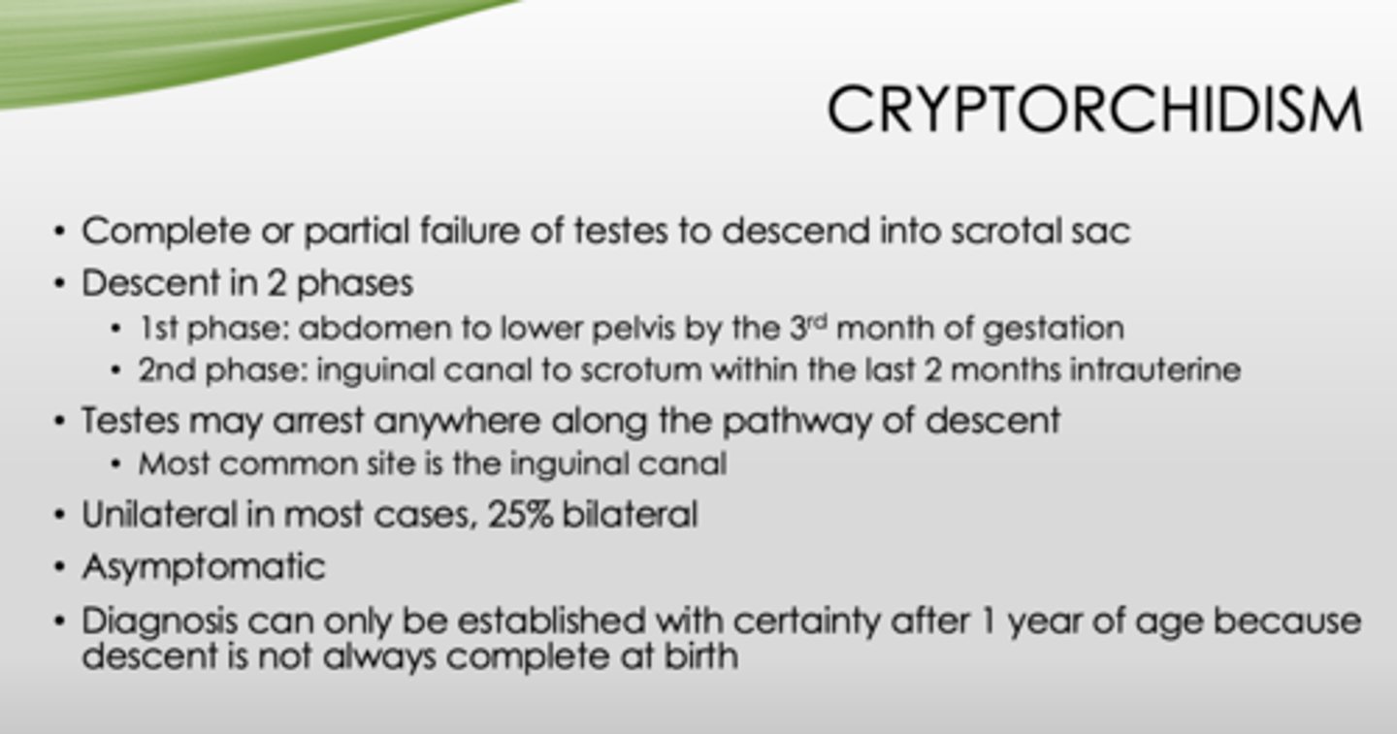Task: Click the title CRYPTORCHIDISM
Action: point(1093,110)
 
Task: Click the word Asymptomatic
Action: point(203,566)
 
